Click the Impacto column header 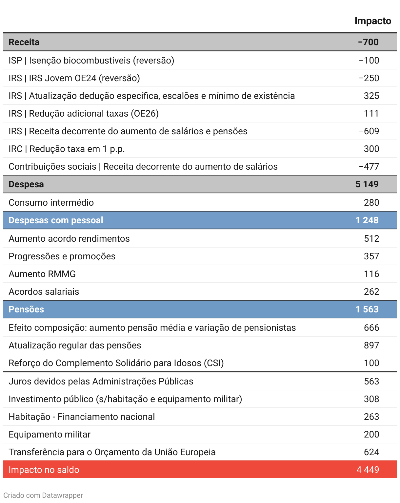coord(373,21)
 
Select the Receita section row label coord(24,42)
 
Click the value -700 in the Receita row coord(368,42)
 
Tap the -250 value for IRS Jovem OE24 coord(369,78)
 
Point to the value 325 coord(371,96)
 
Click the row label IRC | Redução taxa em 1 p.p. coord(67,149)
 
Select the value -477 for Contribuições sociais coord(369,167)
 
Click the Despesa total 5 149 coord(367,184)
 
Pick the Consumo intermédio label coord(51,203)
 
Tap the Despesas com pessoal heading coord(56,220)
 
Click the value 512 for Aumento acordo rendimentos coord(371,239)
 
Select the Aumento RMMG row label coord(42,274)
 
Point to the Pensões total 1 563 coord(367,309)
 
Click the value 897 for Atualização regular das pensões coord(371,345)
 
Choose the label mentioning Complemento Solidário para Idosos coord(116,363)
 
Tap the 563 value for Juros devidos coord(371,382)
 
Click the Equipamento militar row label coord(50,435)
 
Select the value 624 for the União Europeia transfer coord(371,452)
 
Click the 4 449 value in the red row coord(368,470)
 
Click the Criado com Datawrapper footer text coord(43,495)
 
